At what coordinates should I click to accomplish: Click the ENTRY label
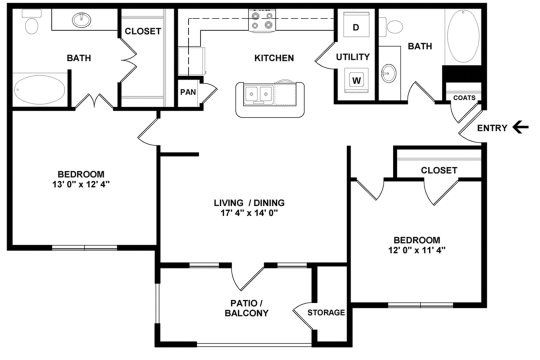click(x=492, y=127)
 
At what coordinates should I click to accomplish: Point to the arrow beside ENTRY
click(x=520, y=127)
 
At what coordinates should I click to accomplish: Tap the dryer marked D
click(x=355, y=27)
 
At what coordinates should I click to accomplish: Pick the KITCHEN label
click(x=274, y=58)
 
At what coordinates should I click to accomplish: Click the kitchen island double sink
click(x=262, y=96)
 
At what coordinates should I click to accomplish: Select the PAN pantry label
click(x=188, y=92)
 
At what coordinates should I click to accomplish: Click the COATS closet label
click(x=464, y=98)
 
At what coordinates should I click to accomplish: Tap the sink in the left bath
click(x=81, y=20)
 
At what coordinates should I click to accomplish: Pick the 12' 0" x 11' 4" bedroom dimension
click(x=416, y=251)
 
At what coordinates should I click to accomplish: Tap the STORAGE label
click(x=326, y=313)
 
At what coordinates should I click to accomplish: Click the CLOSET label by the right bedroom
click(x=438, y=170)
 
